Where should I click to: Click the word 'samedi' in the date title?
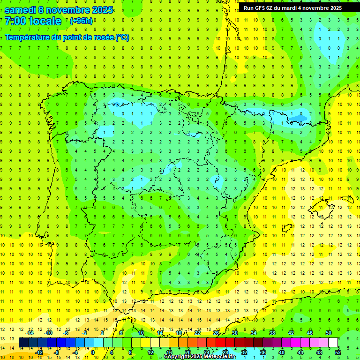coord(20,9)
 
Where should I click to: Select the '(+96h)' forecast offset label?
coord(81,21)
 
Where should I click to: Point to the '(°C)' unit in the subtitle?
coord(122,37)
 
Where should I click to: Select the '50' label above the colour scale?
coord(329,333)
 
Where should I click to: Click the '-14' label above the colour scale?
coord(30,333)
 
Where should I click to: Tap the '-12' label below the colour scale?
coord(39,352)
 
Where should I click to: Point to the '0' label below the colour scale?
coord(93,352)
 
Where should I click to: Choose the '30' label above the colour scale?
coord(235,333)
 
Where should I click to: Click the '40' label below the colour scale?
coord(281,352)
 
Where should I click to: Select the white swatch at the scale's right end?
coord(333,343)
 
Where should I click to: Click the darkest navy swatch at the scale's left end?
coord(23,343)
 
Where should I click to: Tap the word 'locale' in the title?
coord(45,21)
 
